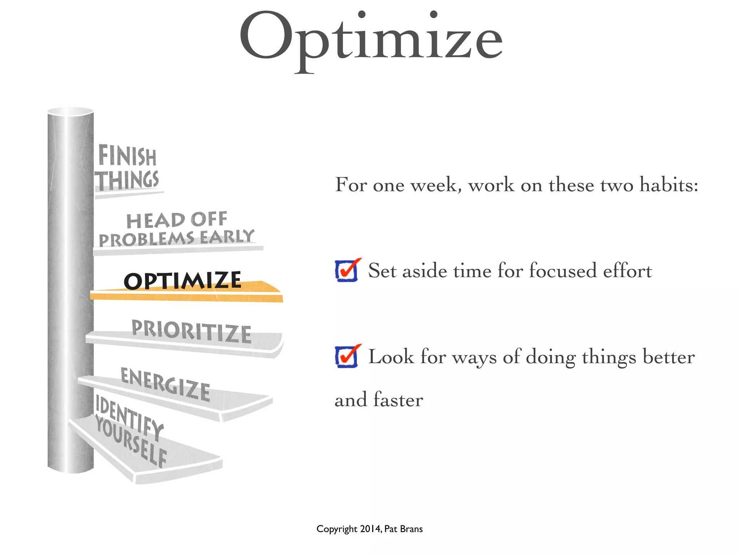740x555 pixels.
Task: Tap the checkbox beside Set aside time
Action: [347, 271]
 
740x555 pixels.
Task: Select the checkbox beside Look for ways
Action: [347, 357]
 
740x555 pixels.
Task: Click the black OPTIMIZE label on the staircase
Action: [182, 281]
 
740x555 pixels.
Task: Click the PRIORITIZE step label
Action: [192, 331]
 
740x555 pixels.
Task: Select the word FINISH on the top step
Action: [127, 156]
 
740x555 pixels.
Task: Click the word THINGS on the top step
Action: [127, 180]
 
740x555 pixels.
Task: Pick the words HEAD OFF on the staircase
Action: [177, 220]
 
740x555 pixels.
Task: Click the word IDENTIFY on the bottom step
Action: [129, 417]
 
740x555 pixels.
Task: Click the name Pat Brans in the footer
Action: [403, 529]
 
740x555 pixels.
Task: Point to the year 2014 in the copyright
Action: [370, 529]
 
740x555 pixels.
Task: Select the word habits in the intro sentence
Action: [668, 185]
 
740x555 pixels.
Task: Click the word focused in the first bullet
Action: [563, 271]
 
